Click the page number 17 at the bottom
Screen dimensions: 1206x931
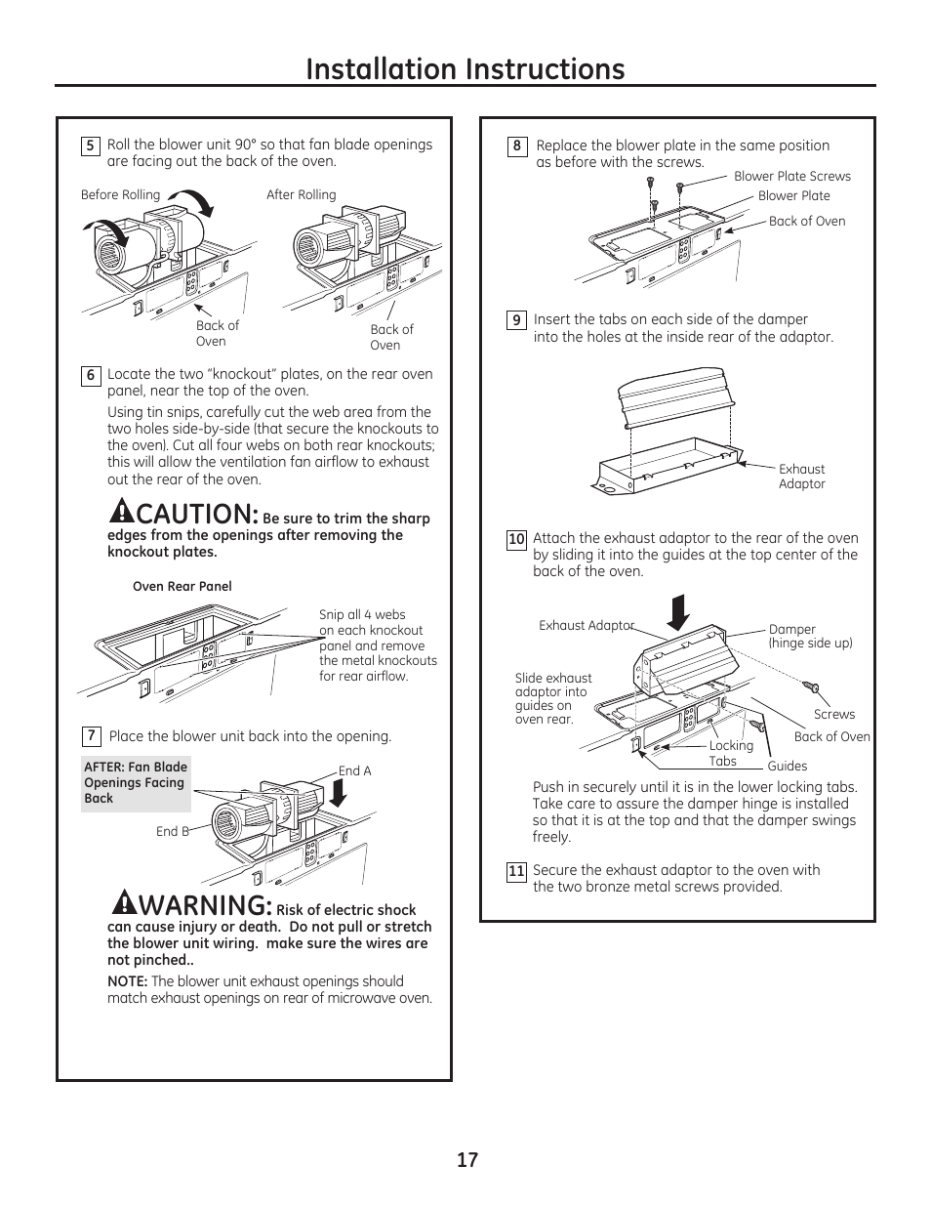coord(466,1160)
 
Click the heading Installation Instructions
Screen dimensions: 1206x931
coord(465,68)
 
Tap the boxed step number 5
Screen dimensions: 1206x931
coord(90,146)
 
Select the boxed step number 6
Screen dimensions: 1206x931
coord(90,376)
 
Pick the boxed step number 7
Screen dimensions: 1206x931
coord(91,736)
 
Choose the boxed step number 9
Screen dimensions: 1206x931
coord(516,320)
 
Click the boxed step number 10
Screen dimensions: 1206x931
coord(516,539)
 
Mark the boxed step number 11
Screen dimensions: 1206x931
coord(516,871)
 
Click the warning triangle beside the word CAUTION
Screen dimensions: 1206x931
coord(121,509)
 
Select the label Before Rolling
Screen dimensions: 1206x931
coord(120,195)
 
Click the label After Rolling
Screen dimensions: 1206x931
coord(301,195)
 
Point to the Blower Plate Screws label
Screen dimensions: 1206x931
coord(791,177)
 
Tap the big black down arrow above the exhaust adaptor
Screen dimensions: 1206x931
coord(679,613)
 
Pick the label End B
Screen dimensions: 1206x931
coord(172,832)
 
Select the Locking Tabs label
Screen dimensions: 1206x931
coord(730,753)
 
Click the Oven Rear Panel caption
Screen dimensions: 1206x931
coord(182,587)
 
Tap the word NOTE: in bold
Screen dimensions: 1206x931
coord(127,981)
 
